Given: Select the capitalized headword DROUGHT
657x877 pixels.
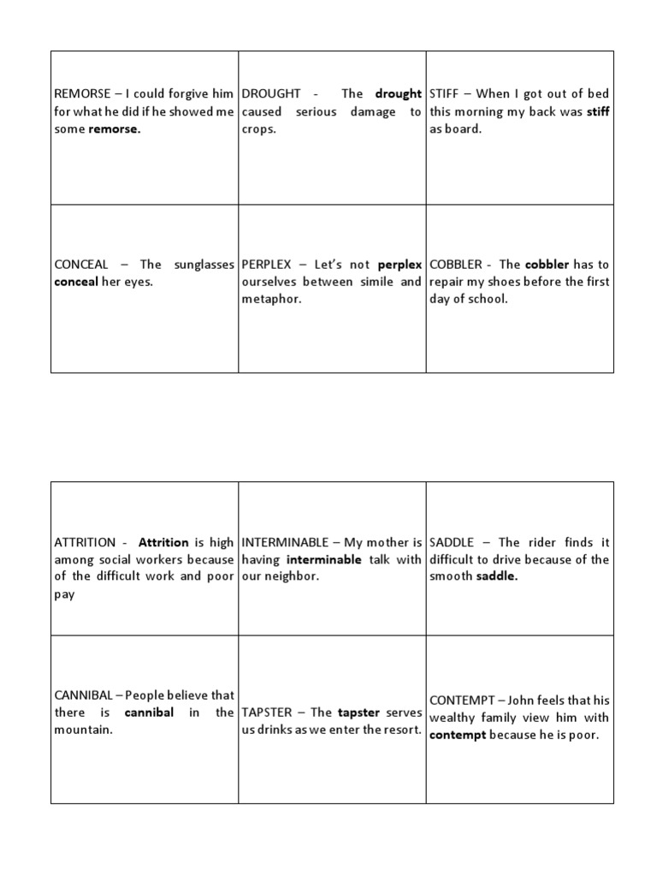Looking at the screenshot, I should point(271,94).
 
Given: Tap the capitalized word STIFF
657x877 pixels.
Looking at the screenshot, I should point(447,94).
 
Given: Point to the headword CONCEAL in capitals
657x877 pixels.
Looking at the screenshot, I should point(81,265).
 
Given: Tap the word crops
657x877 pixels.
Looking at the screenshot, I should point(258,129).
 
